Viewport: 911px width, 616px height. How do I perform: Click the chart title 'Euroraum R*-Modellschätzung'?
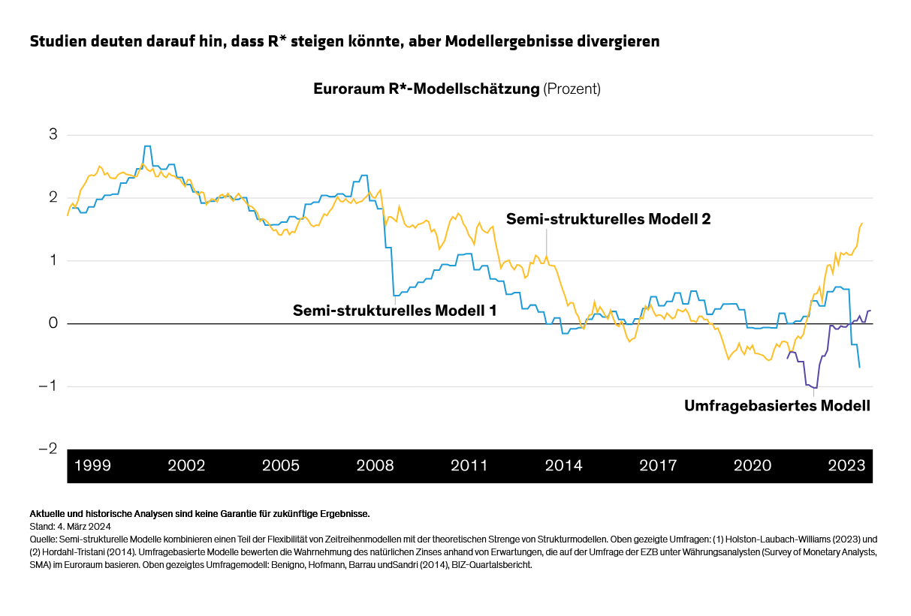pyautogui.click(x=426, y=89)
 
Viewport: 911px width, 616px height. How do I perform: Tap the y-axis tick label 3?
pyautogui.click(x=53, y=135)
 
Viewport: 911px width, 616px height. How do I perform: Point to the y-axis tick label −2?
pyautogui.click(x=47, y=449)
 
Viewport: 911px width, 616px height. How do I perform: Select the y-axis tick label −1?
pyautogui.click(x=47, y=386)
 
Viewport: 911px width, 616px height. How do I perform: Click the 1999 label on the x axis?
pyautogui.click(x=92, y=466)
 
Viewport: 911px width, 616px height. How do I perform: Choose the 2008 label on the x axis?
pyautogui.click(x=375, y=466)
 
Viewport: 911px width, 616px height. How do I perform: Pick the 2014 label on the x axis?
pyautogui.click(x=563, y=466)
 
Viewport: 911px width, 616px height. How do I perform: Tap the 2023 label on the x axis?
pyautogui.click(x=846, y=466)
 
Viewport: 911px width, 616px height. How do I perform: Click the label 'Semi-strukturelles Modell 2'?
pyautogui.click(x=608, y=219)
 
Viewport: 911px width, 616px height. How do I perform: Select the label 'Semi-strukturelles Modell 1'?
pyautogui.click(x=394, y=310)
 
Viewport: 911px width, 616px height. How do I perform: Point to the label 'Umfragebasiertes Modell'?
pyautogui.click(x=777, y=406)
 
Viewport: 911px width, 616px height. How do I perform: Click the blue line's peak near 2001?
pyautogui.click(x=147, y=146)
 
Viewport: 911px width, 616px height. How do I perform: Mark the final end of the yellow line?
pyautogui.click(x=861, y=223)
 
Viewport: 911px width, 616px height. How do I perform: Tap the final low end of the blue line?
pyautogui.click(x=859, y=367)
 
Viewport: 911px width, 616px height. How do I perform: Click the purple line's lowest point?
pyautogui.click(x=814, y=388)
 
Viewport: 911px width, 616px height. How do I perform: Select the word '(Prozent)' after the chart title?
pyautogui.click(x=572, y=89)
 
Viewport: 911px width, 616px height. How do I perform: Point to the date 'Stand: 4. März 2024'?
pyautogui.click(x=71, y=527)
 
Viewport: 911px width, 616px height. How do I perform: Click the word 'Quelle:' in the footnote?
pyautogui.click(x=43, y=539)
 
